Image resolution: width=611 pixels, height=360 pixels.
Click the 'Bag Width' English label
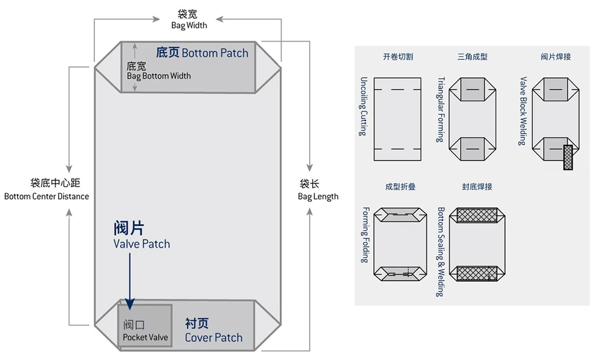click(x=189, y=26)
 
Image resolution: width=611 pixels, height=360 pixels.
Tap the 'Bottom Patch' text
click(x=214, y=53)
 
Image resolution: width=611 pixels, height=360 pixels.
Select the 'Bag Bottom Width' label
click(x=159, y=76)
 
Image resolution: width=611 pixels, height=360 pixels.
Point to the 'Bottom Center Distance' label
click(x=46, y=196)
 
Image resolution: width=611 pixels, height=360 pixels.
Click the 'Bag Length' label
click(x=318, y=196)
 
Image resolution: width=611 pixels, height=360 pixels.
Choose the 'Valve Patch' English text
click(x=142, y=244)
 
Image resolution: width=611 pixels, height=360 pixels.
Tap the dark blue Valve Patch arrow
click(x=130, y=278)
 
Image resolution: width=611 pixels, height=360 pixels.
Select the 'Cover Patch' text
click(x=213, y=337)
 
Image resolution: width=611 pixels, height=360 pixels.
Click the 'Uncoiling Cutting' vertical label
click(x=364, y=106)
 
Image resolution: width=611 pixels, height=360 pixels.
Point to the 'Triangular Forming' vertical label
click(x=441, y=109)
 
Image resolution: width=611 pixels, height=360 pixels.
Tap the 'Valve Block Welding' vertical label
click(x=522, y=111)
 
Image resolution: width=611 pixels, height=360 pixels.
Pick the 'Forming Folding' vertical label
click(x=365, y=235)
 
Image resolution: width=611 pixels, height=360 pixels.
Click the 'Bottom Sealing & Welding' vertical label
click(x=441, y=251)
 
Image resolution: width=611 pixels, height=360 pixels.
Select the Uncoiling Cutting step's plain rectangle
click(x=397, y=119)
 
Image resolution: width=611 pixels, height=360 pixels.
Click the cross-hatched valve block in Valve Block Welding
click(x=569, y=157)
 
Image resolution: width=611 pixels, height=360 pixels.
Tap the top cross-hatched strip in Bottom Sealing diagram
click(x=476, y=215)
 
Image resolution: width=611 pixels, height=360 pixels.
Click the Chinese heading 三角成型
click(x=472, y=57)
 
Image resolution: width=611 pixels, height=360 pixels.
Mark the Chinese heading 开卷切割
click(x=398, y=57)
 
